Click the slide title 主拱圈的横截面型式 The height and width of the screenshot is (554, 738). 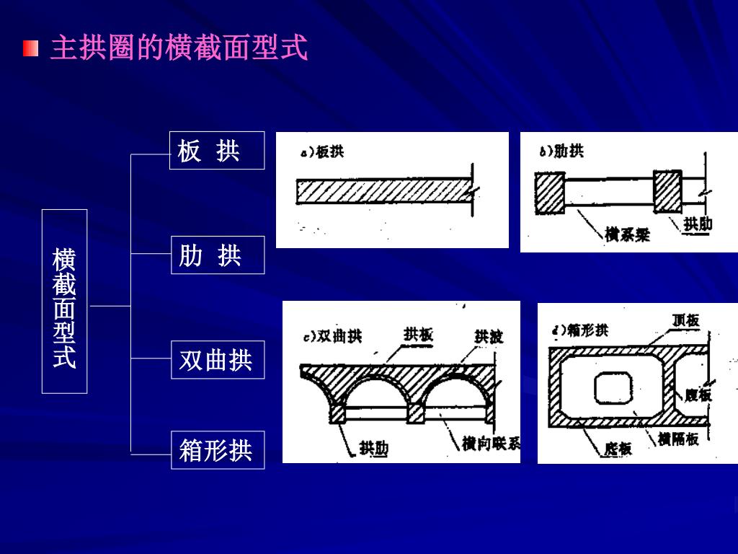click(179, 48)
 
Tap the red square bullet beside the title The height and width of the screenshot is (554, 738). click(30, 48)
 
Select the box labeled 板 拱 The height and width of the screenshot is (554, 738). click(217, 150)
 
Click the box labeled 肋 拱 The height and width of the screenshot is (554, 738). click(218, 255)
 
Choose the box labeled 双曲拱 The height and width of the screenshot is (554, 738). click(218, 359)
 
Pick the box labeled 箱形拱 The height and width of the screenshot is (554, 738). click(218, 450)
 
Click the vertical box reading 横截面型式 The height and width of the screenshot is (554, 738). click(64, 302)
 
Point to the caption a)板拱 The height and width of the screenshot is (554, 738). click(322, 152)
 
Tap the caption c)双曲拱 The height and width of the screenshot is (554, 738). click(332, 336)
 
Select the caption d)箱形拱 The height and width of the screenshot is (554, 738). click(579, 330)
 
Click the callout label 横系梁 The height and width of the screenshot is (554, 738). click(627, 234)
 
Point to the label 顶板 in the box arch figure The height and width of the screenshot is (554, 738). click(685, 320)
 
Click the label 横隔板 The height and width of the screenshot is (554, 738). click(678, 438)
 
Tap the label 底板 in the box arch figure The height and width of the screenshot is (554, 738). click(618, 449)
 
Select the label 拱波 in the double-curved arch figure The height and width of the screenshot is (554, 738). click(489, 336)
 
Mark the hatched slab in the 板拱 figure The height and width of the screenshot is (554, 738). click(382, 192)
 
